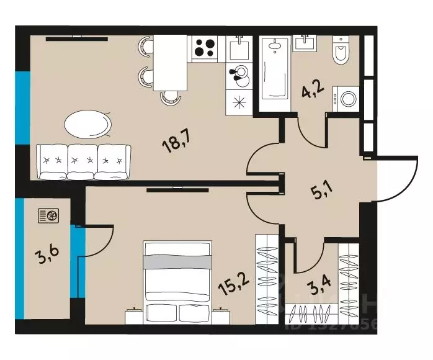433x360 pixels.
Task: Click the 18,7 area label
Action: point(176,146)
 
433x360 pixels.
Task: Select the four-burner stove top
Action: point(207,48)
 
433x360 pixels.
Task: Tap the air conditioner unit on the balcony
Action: point(49,216)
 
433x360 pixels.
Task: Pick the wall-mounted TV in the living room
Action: point(76,38)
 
